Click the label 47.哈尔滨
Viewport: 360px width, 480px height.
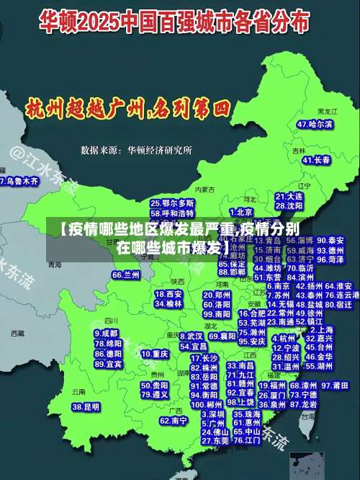tap(315, 124)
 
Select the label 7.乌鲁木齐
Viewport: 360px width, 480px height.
tap(19, 182)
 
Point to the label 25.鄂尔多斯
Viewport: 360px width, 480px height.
tap(172, 203)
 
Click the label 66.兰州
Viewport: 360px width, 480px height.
tap(126, 275)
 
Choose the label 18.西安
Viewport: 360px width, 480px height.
tap(168, 294)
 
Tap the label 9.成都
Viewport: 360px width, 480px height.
tap(107, 334)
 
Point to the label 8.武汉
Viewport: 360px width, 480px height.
tap(191, 336)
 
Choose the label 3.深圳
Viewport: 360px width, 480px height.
tap(213, 415)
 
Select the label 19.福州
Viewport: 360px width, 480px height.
tap(273, 386)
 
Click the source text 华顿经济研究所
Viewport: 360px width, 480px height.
tap(159, 151)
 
